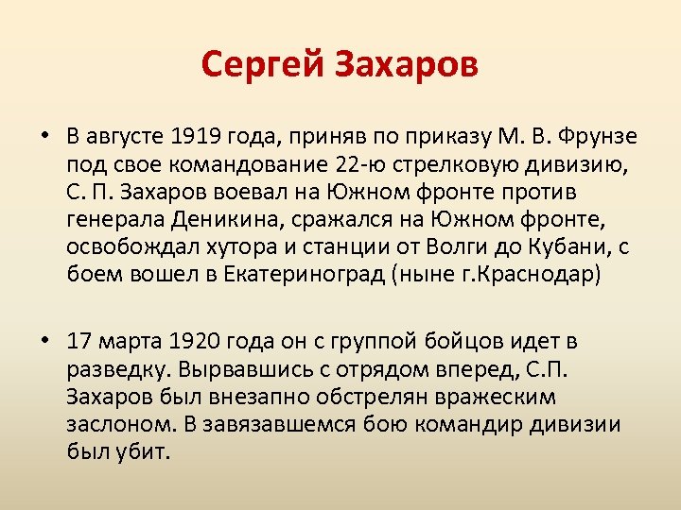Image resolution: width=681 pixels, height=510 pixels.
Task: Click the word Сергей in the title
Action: point(260,65)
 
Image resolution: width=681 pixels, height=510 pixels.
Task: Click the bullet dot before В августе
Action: point(44,137)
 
